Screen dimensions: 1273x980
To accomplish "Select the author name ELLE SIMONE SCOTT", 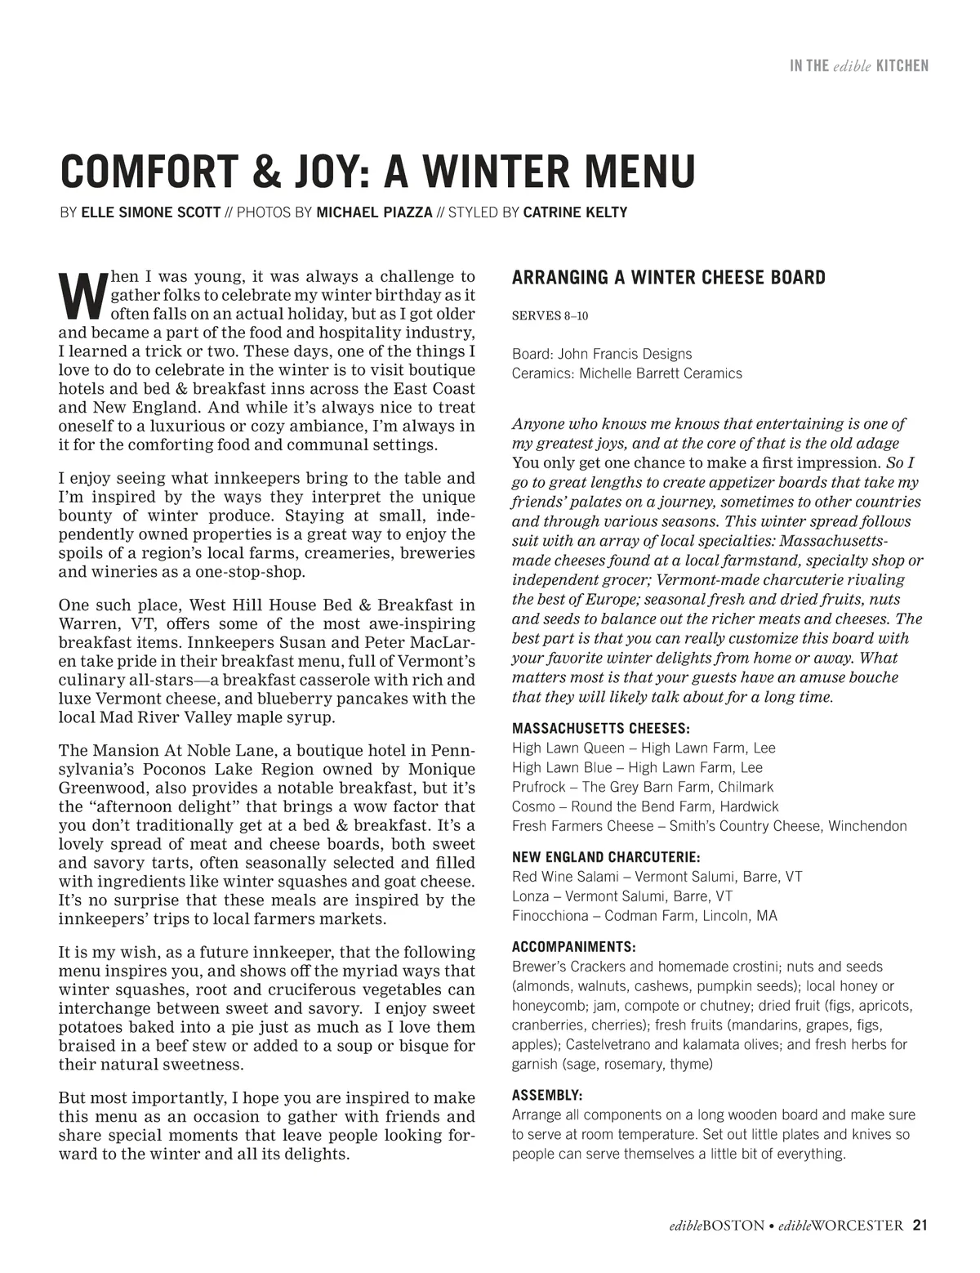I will tap(151, 212).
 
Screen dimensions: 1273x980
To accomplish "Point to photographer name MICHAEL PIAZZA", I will tap(374, 212).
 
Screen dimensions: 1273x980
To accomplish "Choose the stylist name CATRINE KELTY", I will tap(575, 212).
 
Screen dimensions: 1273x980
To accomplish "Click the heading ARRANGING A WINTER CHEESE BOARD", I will tap(668, 278).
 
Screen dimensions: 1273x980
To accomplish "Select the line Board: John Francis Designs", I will tap(601, 354).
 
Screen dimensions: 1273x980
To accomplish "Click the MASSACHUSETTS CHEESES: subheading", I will tap(600, 728).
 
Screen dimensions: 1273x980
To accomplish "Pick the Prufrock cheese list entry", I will tap(642, 787).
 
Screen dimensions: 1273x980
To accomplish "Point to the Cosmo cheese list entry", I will tap(645, 806).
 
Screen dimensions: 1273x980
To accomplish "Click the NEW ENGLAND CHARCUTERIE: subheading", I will tap(605, 857).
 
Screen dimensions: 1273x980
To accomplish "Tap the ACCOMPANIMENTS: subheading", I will tap(573, 947).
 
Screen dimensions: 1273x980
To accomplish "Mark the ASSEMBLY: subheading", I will tap(547, 1095).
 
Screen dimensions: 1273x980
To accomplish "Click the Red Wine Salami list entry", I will tap(657, 877).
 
